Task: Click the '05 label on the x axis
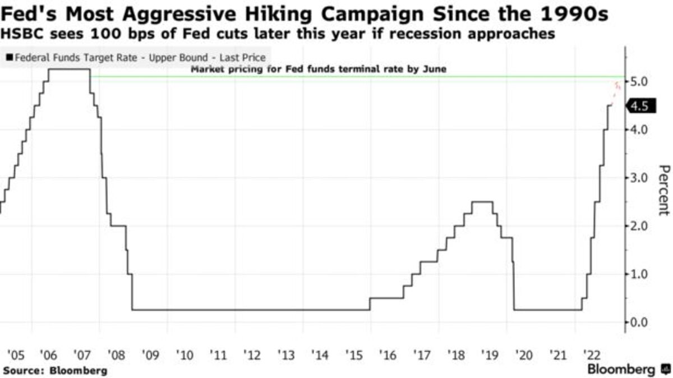[15, 355]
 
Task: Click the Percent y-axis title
[663, 190]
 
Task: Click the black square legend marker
[10, 57]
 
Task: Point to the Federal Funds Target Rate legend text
[140, 57]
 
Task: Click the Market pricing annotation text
[319, 70]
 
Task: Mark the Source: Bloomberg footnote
[54, 371]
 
